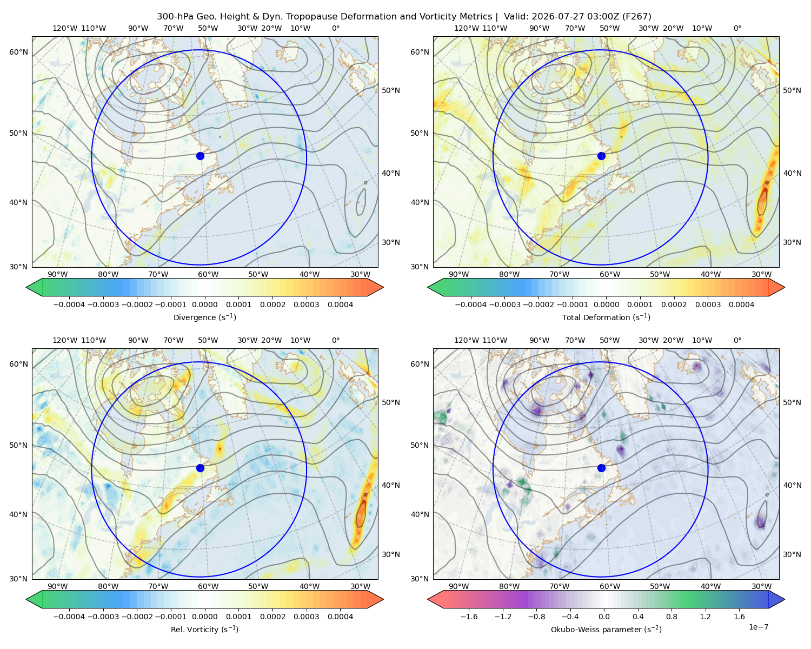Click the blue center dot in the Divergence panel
[x=200, y=156]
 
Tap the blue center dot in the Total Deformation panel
[x=601, y=156]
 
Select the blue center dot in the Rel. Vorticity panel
[x=200, y=468]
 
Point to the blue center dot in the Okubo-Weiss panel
[x=601, y=468]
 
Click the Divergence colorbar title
[x=204, y=317]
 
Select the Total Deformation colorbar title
[x=606, y=317]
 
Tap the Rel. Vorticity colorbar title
[x=204, y=629]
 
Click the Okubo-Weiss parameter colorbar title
[x=606, y=629]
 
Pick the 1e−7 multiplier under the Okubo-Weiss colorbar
[x=758, y=627]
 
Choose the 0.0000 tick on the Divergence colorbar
[x=204, y=304]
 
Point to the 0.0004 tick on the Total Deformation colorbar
[x=741, y=304]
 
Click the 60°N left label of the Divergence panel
[x=18, y=52]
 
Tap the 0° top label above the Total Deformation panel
[x=737, y=28]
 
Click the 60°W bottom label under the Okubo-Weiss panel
[x=610, y=586]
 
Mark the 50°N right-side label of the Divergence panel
[x=391, y=90]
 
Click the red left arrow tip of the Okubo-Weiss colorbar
[x=428, y=599]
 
